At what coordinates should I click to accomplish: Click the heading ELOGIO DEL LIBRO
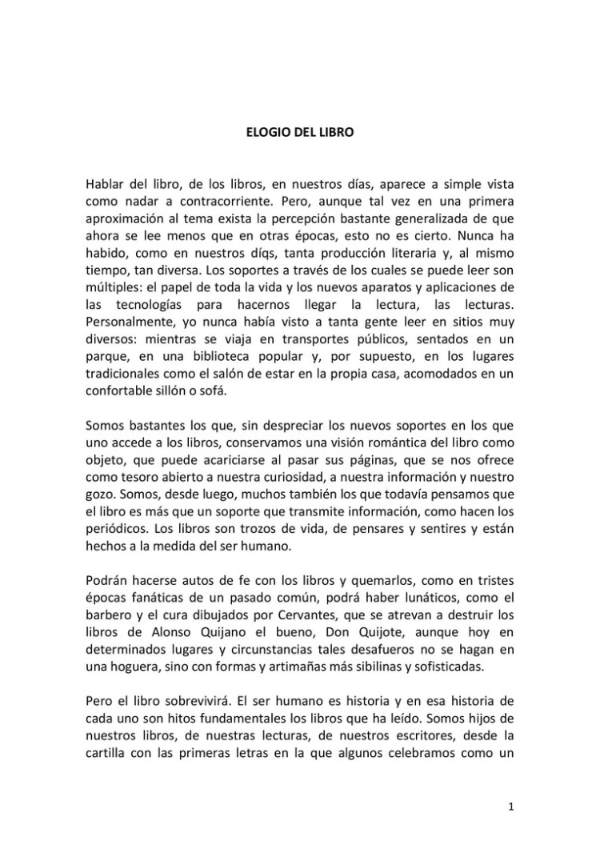tap(299, 134)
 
